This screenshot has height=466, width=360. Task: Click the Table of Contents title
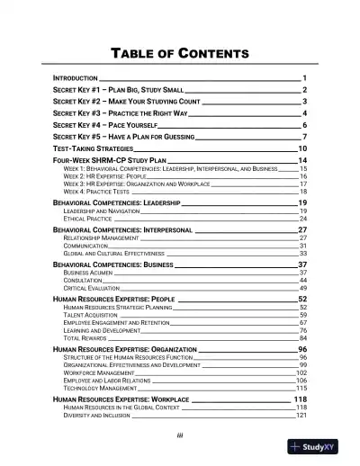(180, 53)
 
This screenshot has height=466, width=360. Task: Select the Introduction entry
(77, 79)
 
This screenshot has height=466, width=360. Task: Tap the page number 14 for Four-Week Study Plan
(303, 158)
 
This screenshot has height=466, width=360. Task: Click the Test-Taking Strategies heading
(93, 148)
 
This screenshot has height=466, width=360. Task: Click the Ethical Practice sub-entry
(88, 220)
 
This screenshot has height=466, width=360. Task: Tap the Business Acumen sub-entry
(88, 273)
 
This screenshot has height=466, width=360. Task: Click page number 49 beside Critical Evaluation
(303, 288)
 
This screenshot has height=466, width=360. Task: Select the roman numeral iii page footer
(180, 437)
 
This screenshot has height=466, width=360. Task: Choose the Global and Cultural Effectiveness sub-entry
(114, 254)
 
